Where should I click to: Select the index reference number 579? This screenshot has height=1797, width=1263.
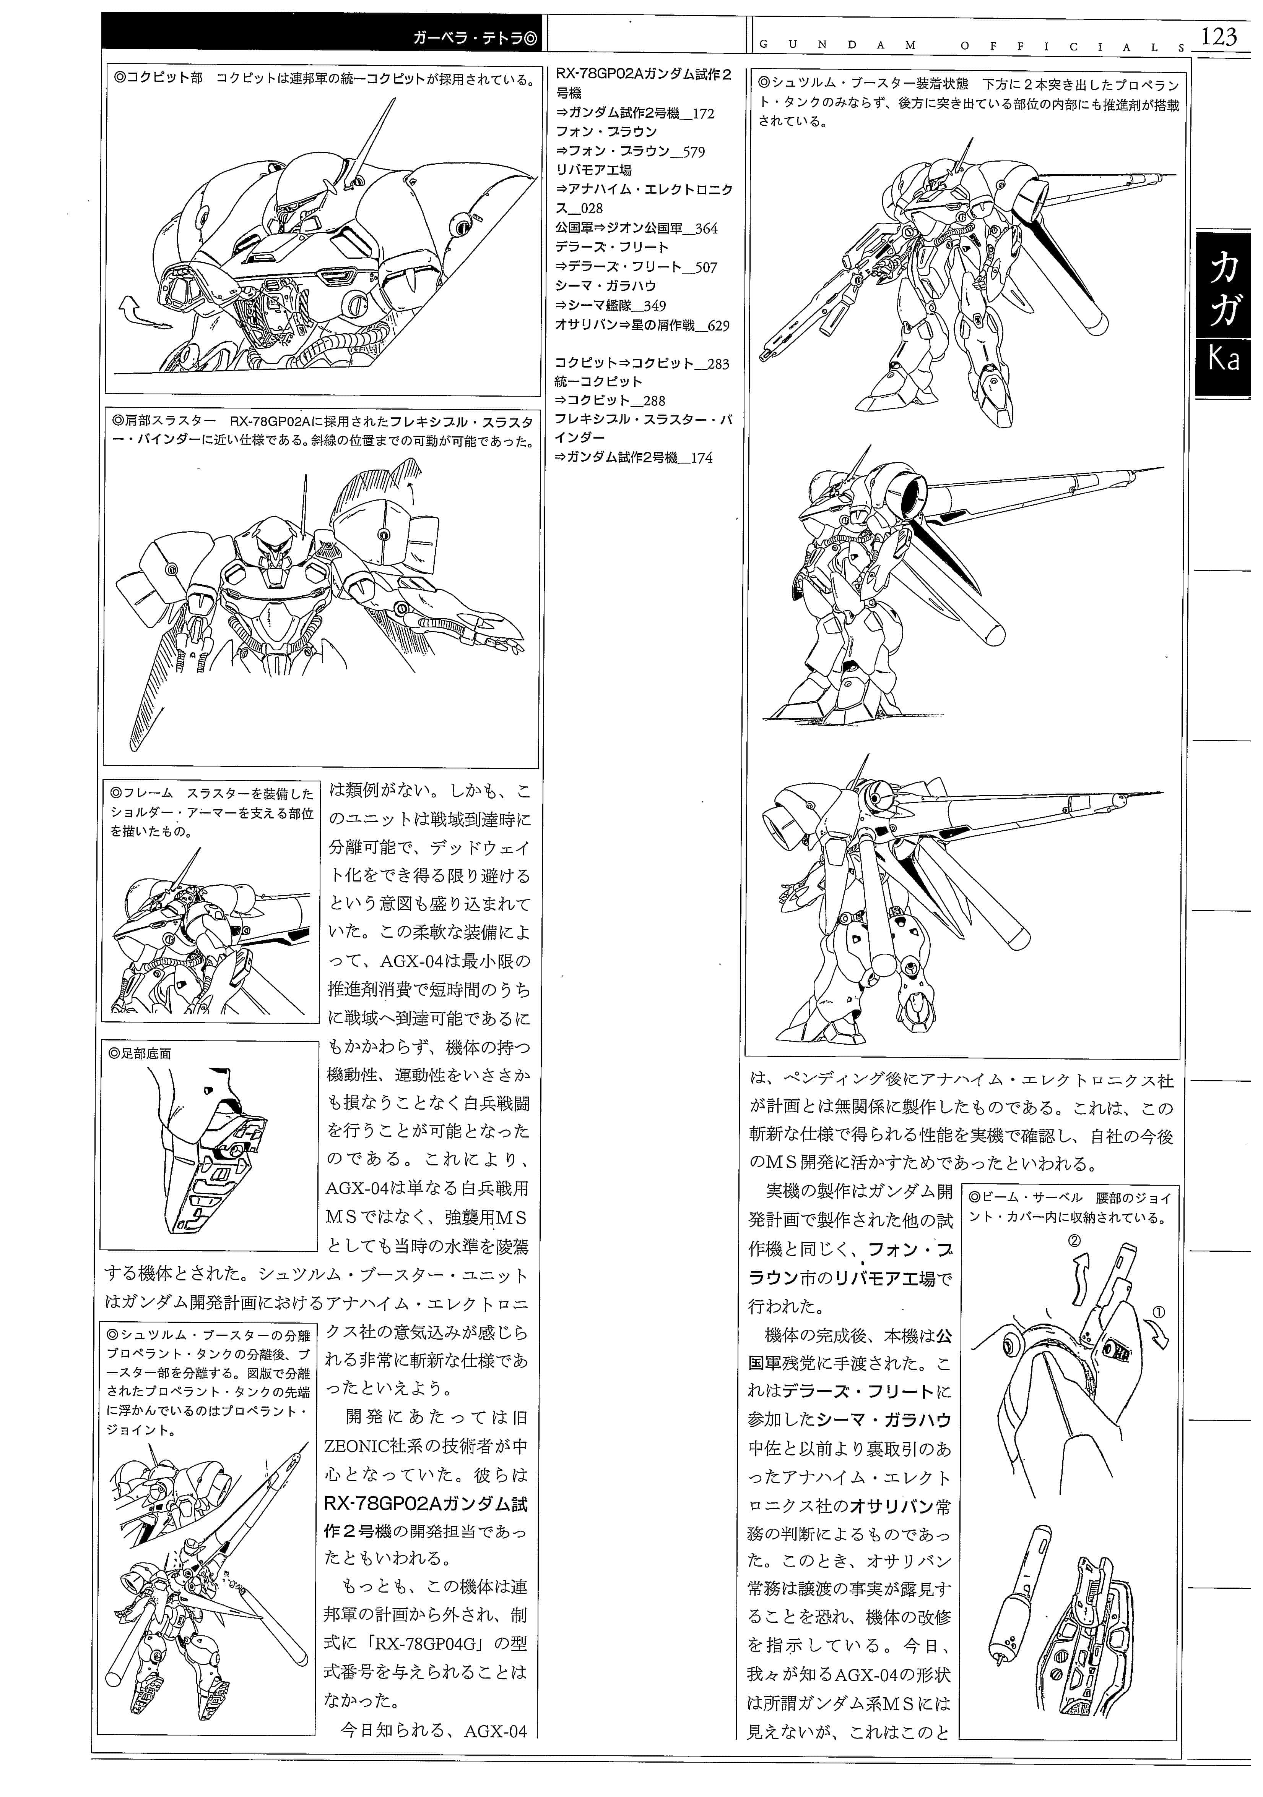tap(689, 152)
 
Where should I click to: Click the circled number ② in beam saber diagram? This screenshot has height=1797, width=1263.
tap(1074, 1240)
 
